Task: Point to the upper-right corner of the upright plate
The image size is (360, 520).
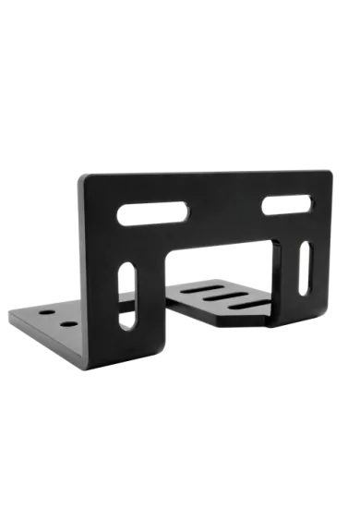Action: point(328,168)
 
